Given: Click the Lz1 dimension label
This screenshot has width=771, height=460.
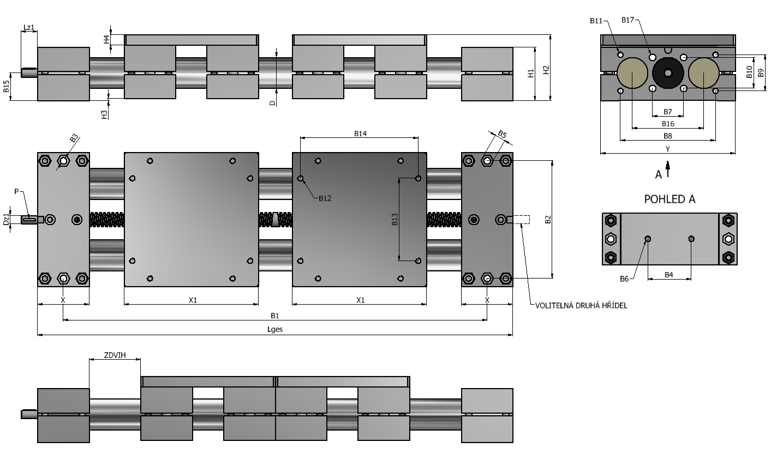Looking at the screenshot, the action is click(29, 27).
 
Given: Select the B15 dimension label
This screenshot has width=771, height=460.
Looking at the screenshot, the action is click(6, 86).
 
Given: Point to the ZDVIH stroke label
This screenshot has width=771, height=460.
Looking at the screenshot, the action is click(115, 355).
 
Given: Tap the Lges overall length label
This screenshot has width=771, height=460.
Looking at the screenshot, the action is click(275, 329).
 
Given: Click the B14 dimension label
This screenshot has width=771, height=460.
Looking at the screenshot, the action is click(360, 134).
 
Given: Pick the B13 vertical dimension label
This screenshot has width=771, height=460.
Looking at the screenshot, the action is click(395, 219).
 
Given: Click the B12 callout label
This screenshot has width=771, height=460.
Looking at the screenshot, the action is click(325, 198).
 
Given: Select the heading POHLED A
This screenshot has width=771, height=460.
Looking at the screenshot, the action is click(670, 199).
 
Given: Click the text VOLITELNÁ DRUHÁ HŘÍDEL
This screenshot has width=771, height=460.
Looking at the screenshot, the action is click(581, 305).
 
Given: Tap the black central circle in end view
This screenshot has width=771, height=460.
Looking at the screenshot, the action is click(668, 73).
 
